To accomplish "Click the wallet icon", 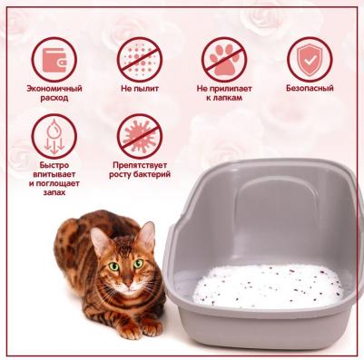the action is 54,60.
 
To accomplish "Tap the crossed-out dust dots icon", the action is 140,60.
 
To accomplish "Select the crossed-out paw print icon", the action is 224,60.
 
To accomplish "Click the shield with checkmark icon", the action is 310,60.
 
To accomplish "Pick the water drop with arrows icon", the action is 54,136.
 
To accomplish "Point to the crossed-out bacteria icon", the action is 140,136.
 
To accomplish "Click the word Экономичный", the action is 54,89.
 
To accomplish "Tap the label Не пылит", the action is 140,89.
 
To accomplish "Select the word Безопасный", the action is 310,88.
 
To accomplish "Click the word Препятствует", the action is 140,165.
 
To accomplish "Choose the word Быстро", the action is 54,165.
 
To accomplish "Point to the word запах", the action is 54,192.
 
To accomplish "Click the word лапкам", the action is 224,98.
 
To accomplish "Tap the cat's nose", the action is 127,283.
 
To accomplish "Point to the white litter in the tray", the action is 269,287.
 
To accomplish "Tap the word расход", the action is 54,98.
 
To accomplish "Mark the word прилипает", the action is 233,89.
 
